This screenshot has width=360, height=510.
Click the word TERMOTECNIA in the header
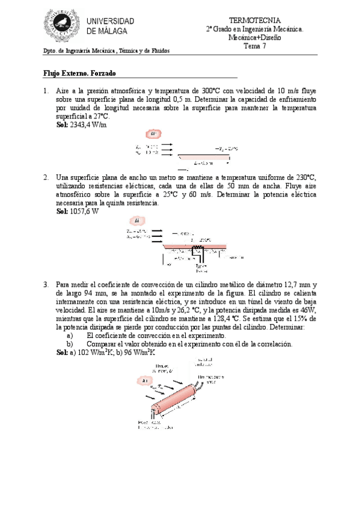[x=255, y=20]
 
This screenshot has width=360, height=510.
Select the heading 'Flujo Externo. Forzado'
[x=79, y=73]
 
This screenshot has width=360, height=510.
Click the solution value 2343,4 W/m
[x=88, y=124]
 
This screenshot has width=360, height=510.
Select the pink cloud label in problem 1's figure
[x=153, y=134]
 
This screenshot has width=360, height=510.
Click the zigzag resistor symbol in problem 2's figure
[x=195, y=247]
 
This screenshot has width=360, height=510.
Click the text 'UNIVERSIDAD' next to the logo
[x=111, y=22]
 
